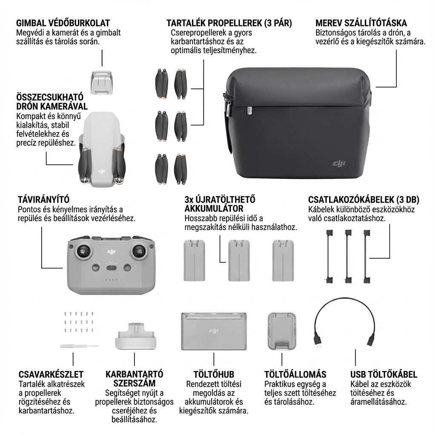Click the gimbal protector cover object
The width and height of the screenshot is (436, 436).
click(x=102, y=81)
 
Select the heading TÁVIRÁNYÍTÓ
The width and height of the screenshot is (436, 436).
click(x=44, y=199)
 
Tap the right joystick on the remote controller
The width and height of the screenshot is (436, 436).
click(x=139, y=252)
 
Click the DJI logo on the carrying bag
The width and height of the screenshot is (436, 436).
click(x=339, y=163)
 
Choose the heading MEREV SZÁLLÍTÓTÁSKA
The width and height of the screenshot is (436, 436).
click(x=361, y=23)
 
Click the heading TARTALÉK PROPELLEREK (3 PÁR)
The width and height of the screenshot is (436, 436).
click(x=229, y=23)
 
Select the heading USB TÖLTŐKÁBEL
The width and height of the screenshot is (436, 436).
click(x=384, y=375)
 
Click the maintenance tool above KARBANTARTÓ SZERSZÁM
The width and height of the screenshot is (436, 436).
click(x=135, y=336)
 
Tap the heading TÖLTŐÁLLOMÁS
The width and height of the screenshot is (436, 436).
click(x=295, y=375)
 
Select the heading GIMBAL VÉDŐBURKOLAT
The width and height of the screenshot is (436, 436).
click(x=63, y=23)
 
